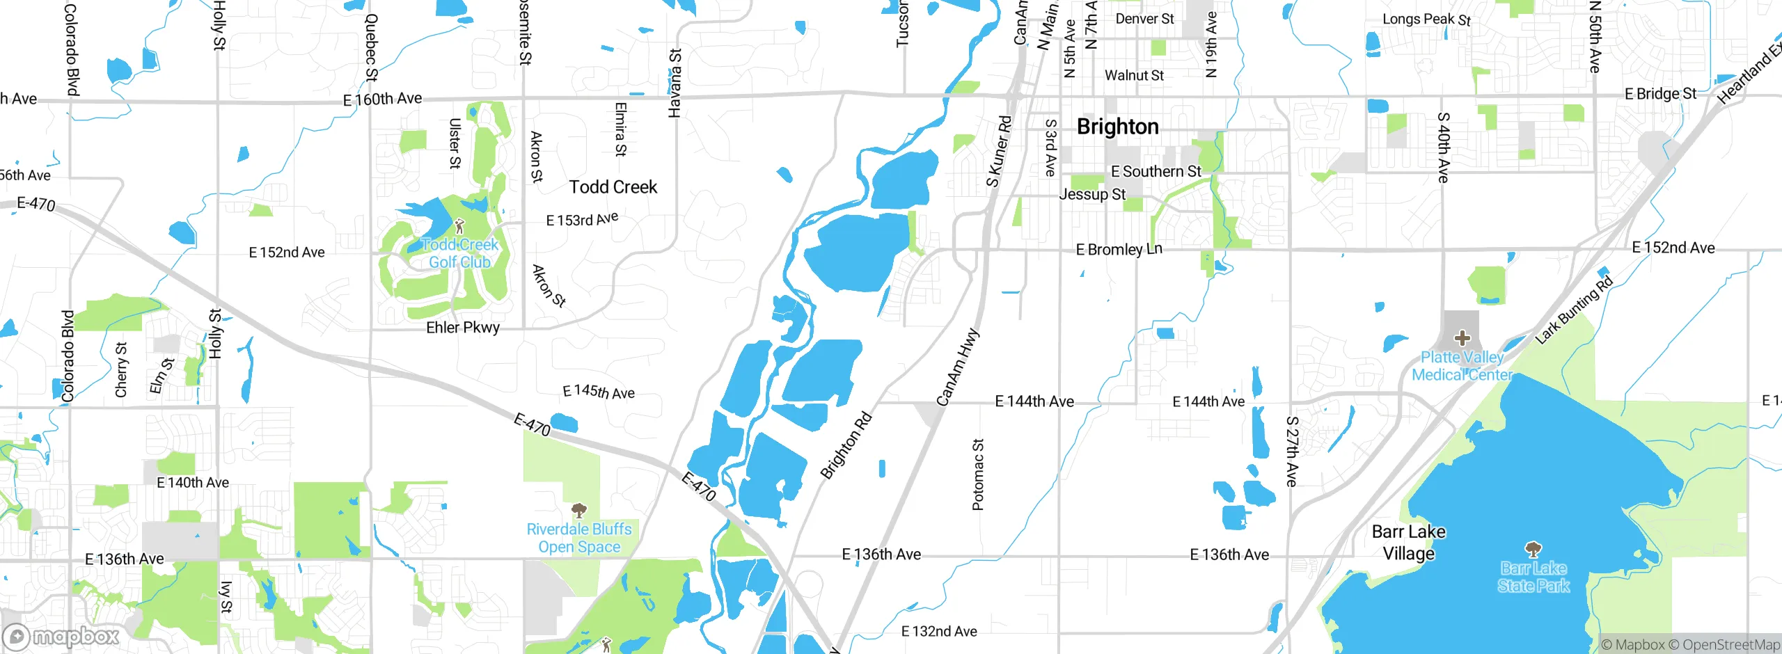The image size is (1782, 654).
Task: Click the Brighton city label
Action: pos(1117,127)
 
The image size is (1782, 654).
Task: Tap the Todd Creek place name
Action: pos(613,187)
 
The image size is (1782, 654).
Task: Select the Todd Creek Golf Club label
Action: pos(460,254)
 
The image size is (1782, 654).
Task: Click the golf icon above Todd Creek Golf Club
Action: pos(459,226)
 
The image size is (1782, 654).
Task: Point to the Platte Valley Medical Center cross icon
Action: pos(1462,338)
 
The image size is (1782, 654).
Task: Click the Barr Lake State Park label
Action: pos(1533,577)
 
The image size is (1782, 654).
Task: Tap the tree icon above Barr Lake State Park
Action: pos(1533,550)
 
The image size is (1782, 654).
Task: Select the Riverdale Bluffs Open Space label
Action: pos(579,539)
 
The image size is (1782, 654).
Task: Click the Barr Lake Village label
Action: pos(1408,543)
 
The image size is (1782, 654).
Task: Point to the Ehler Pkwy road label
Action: pos(463,328)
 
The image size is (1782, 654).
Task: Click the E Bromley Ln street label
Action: pos(1119,250)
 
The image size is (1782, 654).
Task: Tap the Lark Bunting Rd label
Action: pos(1574,310)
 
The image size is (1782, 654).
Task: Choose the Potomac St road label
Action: pos(978,474)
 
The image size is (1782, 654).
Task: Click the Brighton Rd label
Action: pos(846,446)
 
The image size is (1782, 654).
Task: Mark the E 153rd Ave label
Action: pos(582,220)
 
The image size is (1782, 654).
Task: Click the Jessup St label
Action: pos(1091,195)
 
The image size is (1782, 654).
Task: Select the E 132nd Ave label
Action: pos(939,632)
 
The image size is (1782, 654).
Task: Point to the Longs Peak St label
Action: pos(1426,19)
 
